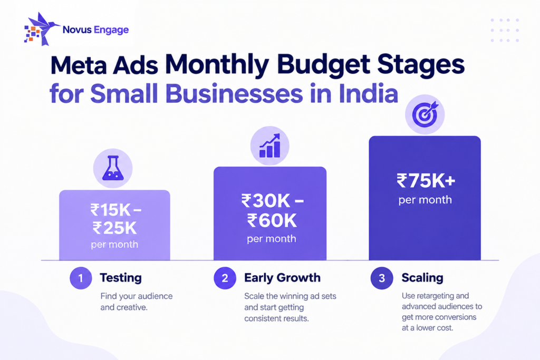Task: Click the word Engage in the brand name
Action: click(111, 30)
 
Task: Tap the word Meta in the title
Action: click(79, 65)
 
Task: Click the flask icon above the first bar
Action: click(113, 168)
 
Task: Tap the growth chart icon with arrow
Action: click(269, 145)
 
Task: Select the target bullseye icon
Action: click(425, 114)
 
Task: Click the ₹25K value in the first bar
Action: click(114, 228)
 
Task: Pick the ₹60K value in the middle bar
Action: click(272, 220)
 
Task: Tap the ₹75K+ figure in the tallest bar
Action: click(426, 181)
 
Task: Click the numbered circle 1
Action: click(81, 278)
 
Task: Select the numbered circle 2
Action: click(225, 278)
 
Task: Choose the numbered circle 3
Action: click(382, 278)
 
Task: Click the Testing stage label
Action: click(121, 278)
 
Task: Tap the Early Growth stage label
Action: click(283, 278)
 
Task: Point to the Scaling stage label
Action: click(422, 278)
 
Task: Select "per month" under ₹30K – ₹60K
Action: click(272, 239)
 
